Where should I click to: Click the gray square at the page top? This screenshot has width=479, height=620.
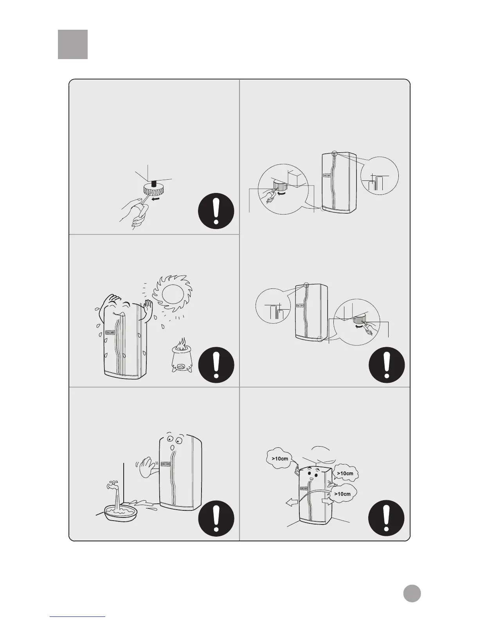coord(73,44)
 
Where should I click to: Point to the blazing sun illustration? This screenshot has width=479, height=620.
coord(173,294)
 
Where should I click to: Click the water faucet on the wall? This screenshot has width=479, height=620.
coord(112,485)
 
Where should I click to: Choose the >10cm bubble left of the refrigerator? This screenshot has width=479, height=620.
coord(279,458)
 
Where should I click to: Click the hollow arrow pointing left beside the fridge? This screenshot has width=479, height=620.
coord(292,504)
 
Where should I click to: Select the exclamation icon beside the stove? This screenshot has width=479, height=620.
coord(216,365)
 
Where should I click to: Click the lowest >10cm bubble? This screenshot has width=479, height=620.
coord(344,494)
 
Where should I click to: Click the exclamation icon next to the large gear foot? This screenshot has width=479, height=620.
coord(216,211)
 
